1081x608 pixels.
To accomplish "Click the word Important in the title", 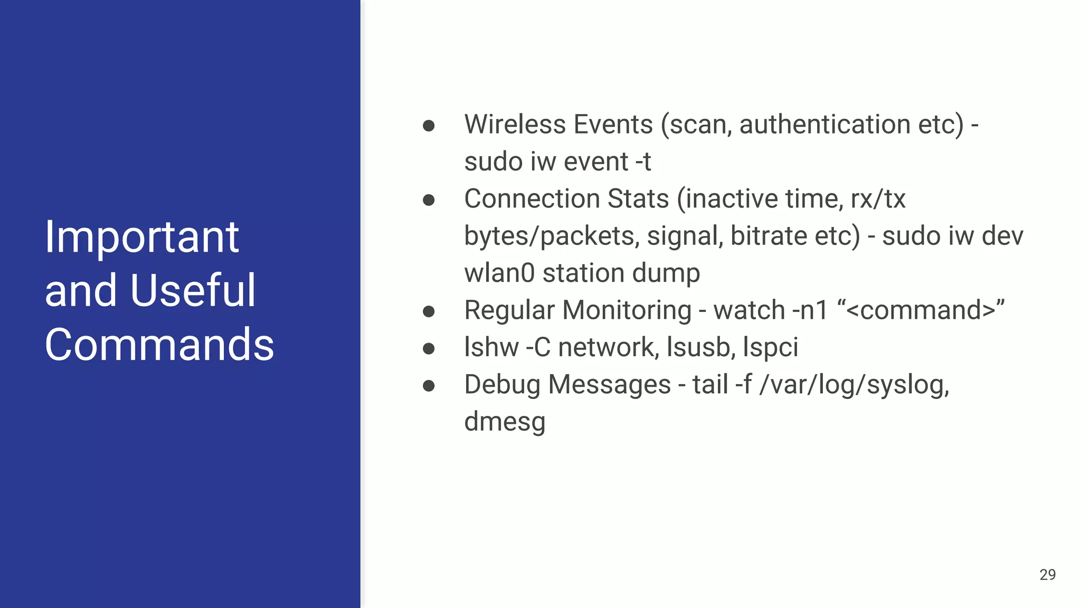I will [x=141, y=237].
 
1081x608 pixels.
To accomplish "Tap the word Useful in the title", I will [x=193, y=291].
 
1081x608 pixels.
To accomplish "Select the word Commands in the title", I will [x=159, y=345].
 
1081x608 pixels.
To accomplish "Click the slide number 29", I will [x=1047, y=575].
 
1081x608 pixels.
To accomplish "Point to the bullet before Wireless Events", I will [x=429, y=126].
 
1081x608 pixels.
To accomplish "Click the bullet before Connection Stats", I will [x=429, y=200].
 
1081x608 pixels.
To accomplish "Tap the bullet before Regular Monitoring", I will [x=429, y=311].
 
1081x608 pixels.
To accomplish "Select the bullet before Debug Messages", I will [x=429, y=386].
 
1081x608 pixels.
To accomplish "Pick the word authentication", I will [x=824, y=125].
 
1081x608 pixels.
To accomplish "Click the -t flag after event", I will [x=643, y=161].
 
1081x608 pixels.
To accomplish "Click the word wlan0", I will [x=499, y=273].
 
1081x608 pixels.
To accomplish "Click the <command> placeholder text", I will [x=921, y=310].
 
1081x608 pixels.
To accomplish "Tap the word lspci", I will [x=770, y=347].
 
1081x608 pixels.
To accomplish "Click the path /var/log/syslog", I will [x=854, y=385].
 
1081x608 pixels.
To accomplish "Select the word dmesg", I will [x=505, y=422].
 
